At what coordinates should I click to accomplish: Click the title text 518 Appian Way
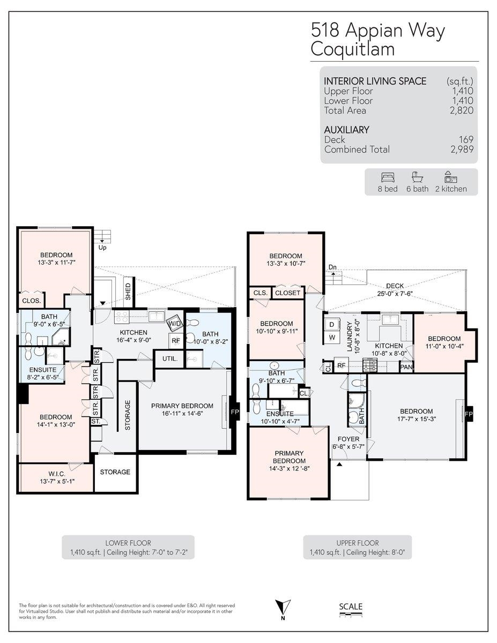(x=378, y=31)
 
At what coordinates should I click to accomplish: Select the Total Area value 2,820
(x=461, y=110)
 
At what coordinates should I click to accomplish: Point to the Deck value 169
(x=465, y=140)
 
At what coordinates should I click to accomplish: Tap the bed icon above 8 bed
(x=387, y=177)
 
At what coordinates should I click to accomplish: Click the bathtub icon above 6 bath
(x=417, y=177)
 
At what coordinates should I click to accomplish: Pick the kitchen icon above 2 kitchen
(x=450, y=177)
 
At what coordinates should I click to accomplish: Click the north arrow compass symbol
(x=283, y=608)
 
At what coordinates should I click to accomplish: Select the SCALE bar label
(x=351, y=607)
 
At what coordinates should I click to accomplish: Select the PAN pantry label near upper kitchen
(x=406, y=367)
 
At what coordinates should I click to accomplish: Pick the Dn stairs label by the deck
(x=332, y=267)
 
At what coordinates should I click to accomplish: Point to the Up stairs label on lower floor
(x=102, y=248)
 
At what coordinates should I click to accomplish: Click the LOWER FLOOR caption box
(x=128, y=547)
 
